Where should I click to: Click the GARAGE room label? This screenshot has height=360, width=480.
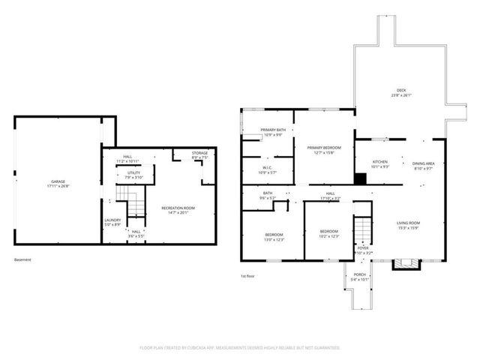(x=58, y=181)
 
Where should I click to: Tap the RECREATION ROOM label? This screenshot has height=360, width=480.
(x=178, y=208)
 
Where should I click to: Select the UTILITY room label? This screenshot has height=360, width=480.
(x=133, y=173)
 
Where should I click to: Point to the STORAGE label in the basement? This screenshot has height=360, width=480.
(x=199, y=153)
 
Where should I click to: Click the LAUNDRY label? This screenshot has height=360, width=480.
(x=112, y=220)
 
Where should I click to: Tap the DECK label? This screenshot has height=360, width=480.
(x=401, y=91)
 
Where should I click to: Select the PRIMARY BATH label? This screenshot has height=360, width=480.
(x=273, y=130)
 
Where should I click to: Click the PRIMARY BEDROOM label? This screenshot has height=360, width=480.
(x=324, y=148)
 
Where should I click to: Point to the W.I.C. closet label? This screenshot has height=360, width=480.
(x=268, y=167)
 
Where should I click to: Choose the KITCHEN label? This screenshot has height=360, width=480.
(x=381, y=162)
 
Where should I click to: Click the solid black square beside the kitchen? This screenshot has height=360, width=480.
(x=361, y=178)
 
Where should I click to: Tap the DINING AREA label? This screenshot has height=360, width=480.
(x=424, y=163)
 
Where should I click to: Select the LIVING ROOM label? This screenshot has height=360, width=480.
(x=409, y=223)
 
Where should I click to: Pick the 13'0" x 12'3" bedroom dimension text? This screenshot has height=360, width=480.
(x=273, y=240)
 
